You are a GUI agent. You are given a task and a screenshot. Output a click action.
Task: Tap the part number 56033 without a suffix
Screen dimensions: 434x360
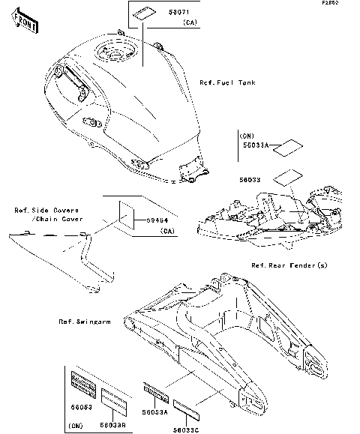tap(250, 181)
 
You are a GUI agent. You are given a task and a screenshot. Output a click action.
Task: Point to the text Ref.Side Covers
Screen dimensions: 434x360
tap(46, 211)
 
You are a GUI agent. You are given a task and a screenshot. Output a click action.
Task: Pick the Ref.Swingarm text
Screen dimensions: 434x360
tap(85, 322)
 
